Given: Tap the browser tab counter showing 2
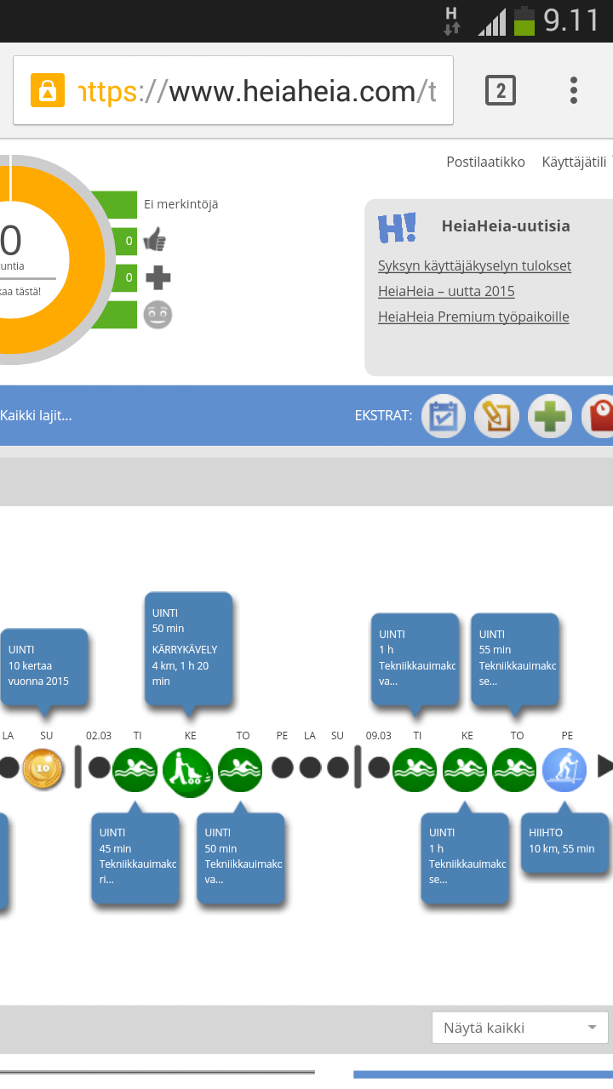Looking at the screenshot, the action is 501,90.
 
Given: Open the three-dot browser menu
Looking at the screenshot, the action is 574,90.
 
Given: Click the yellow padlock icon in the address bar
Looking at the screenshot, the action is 48,90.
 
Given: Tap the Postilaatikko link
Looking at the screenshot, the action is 485,162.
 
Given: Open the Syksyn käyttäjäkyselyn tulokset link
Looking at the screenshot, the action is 474,265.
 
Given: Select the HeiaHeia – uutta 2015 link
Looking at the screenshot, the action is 446,291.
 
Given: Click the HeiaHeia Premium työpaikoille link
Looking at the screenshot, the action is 473,316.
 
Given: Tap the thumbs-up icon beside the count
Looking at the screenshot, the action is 155,241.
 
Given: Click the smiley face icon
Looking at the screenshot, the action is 158,315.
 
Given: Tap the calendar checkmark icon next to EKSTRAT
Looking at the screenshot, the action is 444,416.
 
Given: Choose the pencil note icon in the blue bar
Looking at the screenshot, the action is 496,416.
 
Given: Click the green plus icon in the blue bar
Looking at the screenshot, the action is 550,416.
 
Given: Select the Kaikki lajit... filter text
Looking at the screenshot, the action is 36,415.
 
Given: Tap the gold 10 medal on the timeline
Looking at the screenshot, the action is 43,768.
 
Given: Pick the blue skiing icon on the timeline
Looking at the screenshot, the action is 564,769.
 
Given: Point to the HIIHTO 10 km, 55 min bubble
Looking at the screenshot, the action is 565,842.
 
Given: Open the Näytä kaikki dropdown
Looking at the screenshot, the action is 519,1028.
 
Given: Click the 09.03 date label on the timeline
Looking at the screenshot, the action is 378,735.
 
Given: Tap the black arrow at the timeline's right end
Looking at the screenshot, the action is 604,767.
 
